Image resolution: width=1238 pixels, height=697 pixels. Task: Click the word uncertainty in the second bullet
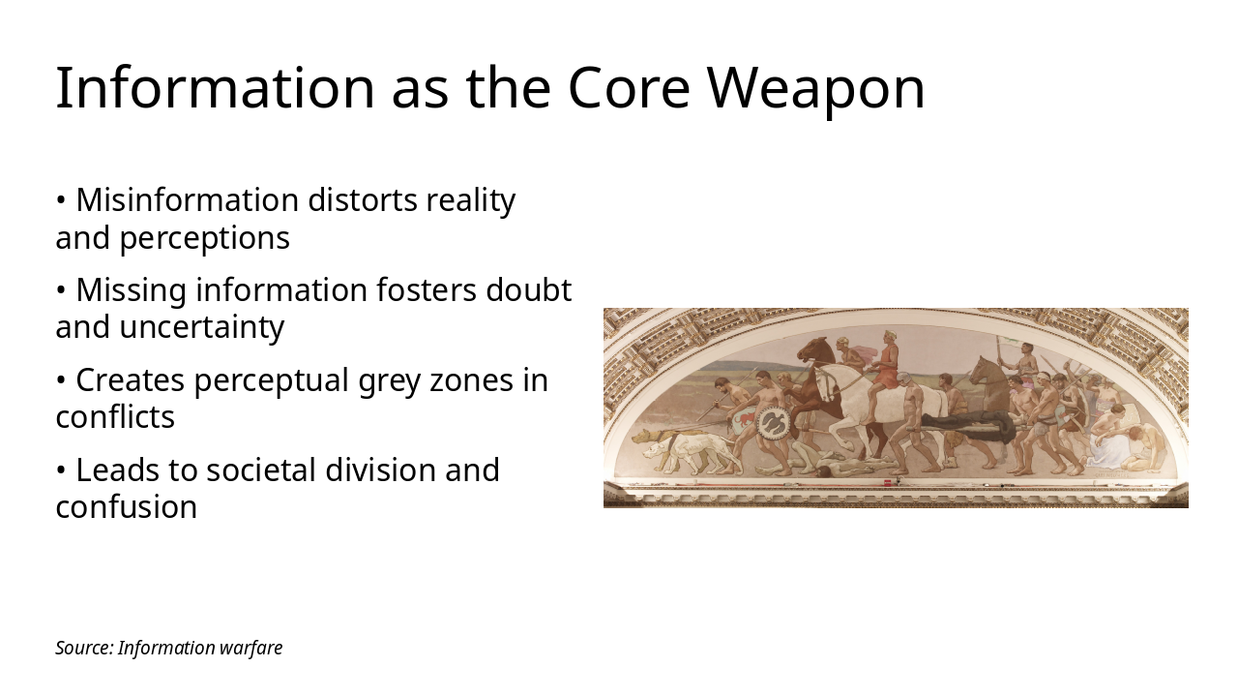click(201, 327)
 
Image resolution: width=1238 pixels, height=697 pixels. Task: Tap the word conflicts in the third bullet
click(115, 417)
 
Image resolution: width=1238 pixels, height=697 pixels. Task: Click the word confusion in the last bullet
click(126, 507)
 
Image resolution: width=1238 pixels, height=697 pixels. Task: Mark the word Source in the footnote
click(83, 648)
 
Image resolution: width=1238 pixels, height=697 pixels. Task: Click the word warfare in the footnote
click(251, 648)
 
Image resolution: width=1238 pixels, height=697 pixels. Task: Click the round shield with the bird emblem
click(773, 422)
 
